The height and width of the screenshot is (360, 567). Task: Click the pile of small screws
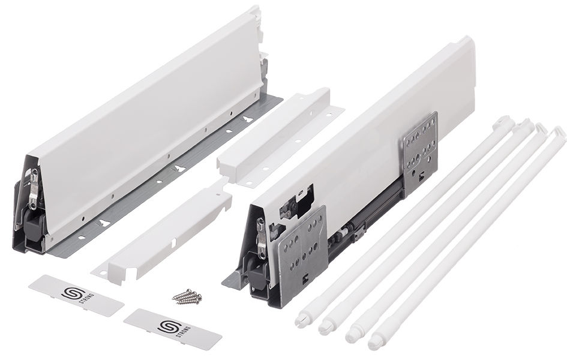pos(187,296)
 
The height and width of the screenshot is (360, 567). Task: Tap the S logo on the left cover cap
pos(69,293)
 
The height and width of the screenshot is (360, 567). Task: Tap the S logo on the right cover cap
pos(166,327)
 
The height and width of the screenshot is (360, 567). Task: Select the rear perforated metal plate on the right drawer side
pos(421,151)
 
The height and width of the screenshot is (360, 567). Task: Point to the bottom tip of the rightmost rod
pos(374,345)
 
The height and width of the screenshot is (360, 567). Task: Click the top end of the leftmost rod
pos(503,121)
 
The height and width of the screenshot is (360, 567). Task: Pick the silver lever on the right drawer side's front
pos(260,237)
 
